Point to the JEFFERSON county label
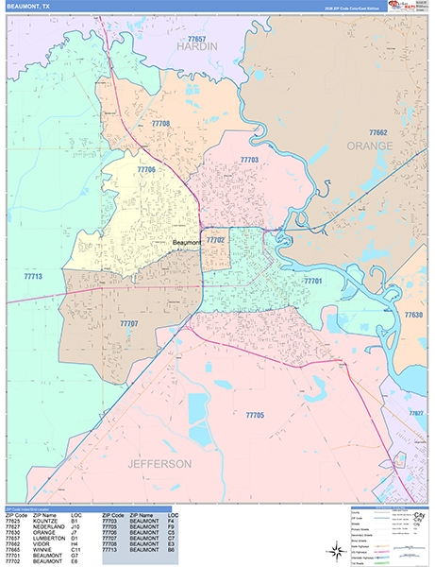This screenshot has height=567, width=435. pyautogui.click(x=155, y=464)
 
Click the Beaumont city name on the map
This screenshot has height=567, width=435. pyautogui.click(x=188, y=243)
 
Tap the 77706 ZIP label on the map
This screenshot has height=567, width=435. pyautogui.click(x=145, y=169)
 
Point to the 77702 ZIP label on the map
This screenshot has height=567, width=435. pyautogui.click(x=216, y=241)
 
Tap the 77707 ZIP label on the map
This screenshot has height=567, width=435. pyautogui.click(x=128, y=324)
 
